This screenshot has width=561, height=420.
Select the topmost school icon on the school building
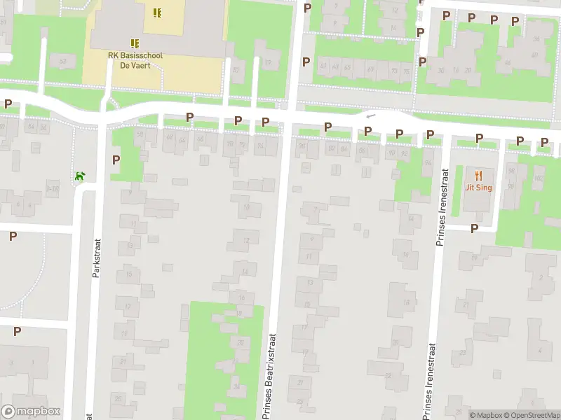pyautogui.click(x=157, y=12)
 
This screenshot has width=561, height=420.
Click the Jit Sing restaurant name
pyautogui.click(x=479, y=187)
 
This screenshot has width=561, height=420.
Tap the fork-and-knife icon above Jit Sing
pyautogui.click(x=479, y=175)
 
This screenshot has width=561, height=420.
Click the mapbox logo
pyautogui.click(x=31, y=412)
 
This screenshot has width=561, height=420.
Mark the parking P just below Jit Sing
pyautogui.click(x=474, y=228)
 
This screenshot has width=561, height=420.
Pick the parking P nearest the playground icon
pyautogui.click(x=116, y=160)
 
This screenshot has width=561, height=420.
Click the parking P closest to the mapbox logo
pyautogui.click(x=17, y=331)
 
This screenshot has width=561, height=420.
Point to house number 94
pyautogui.click(x=409, y=163)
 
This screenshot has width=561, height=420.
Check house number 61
pyautogui.click(x=323, y=67)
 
